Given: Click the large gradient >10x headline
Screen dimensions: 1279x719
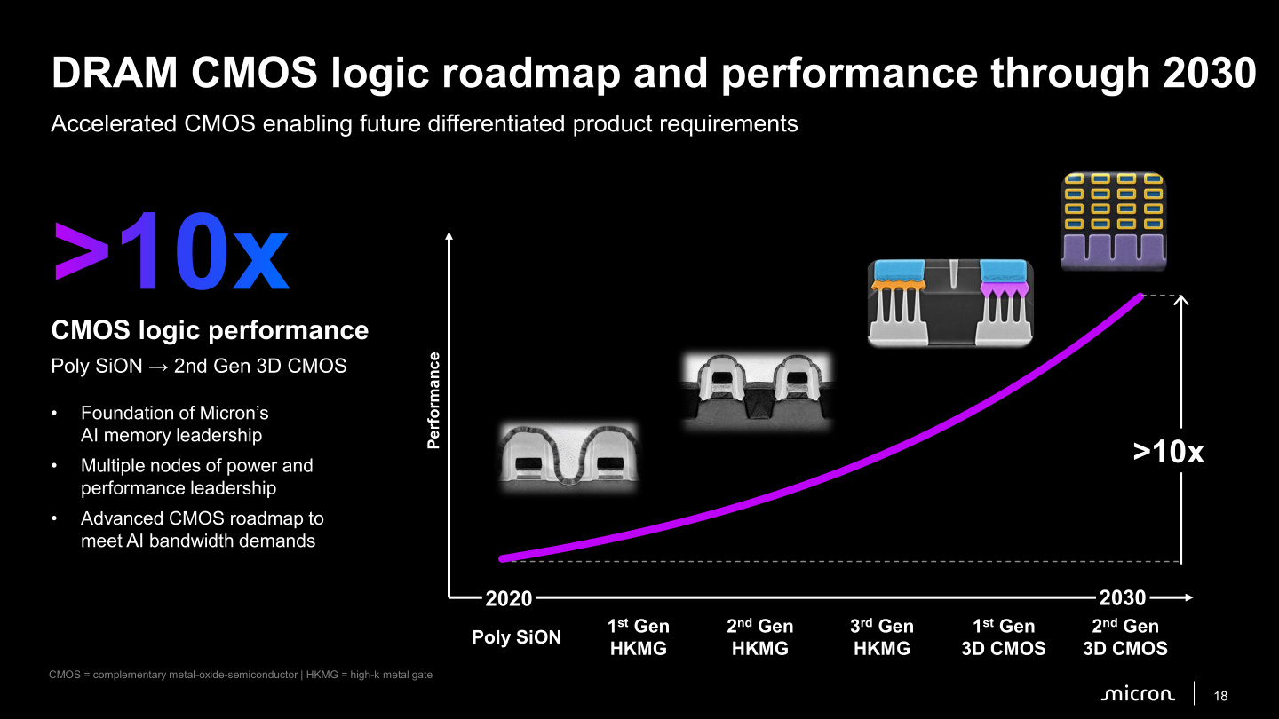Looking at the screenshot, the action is pos(171,252).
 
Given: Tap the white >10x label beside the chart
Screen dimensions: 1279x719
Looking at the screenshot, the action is pos(1168,453).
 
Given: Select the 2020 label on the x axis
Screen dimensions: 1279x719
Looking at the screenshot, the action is pos(509,598).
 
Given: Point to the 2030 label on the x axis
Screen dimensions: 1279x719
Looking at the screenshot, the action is pos(1123,597).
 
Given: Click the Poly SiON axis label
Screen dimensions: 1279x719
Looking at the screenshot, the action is pos(516,636).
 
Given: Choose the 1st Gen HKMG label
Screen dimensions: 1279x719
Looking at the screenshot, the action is pos(639,636).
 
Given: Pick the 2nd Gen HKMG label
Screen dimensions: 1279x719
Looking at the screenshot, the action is pos(760,636).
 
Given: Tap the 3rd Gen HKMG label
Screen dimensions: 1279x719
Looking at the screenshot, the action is pos(882,636).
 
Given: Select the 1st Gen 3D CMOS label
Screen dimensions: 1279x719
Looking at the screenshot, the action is pos(1004,636).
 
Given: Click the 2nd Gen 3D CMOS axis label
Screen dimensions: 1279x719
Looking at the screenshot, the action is pos(1125,636).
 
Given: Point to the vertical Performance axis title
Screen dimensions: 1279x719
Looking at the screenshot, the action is pos(433,400).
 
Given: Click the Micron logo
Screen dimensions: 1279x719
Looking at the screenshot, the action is pos(1138,694).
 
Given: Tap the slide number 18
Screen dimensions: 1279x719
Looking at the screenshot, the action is pos(1220,696).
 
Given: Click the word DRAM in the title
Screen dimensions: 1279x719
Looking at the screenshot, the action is pos(115,73).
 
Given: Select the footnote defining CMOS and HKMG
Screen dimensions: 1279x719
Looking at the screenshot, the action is pos(241,675).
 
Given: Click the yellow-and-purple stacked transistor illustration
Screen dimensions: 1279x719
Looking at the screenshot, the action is pos(1114,221).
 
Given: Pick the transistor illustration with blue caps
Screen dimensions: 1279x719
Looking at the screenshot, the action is pos(950,303).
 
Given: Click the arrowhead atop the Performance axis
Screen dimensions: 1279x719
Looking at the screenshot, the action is pos(449,236).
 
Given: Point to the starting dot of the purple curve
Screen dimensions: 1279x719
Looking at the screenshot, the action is pos(503,558).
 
